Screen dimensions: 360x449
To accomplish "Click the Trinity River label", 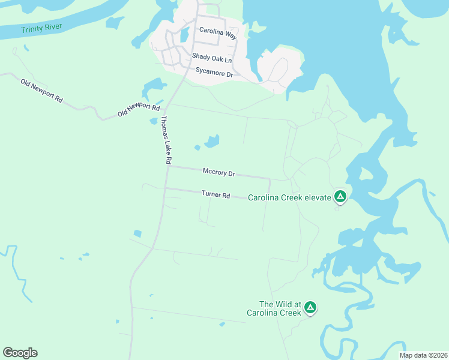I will point(41,28).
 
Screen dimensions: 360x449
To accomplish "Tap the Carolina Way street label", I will point(218,35).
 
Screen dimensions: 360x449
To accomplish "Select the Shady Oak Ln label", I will point(211,58).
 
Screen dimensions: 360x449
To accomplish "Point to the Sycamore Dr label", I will point(214,73).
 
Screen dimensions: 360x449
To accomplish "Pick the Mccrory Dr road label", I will point(218,172).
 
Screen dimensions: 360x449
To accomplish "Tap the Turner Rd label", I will point(216,194).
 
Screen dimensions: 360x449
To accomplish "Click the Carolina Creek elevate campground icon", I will point(340,196).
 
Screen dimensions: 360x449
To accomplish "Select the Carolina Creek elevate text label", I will point(289,197).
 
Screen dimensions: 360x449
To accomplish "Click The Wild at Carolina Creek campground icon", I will point(310,308).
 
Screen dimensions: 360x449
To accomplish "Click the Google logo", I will point(20,353).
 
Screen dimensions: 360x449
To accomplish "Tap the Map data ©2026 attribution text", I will point(423,355).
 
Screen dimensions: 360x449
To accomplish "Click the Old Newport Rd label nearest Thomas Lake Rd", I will point(139,110).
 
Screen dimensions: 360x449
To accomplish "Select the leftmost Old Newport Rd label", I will point(42,90).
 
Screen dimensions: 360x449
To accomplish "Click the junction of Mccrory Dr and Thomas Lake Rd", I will point(169,167).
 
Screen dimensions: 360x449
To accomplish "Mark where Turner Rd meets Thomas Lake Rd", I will point(165,188).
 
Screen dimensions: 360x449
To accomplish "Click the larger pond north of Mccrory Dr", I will point(212,142).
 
